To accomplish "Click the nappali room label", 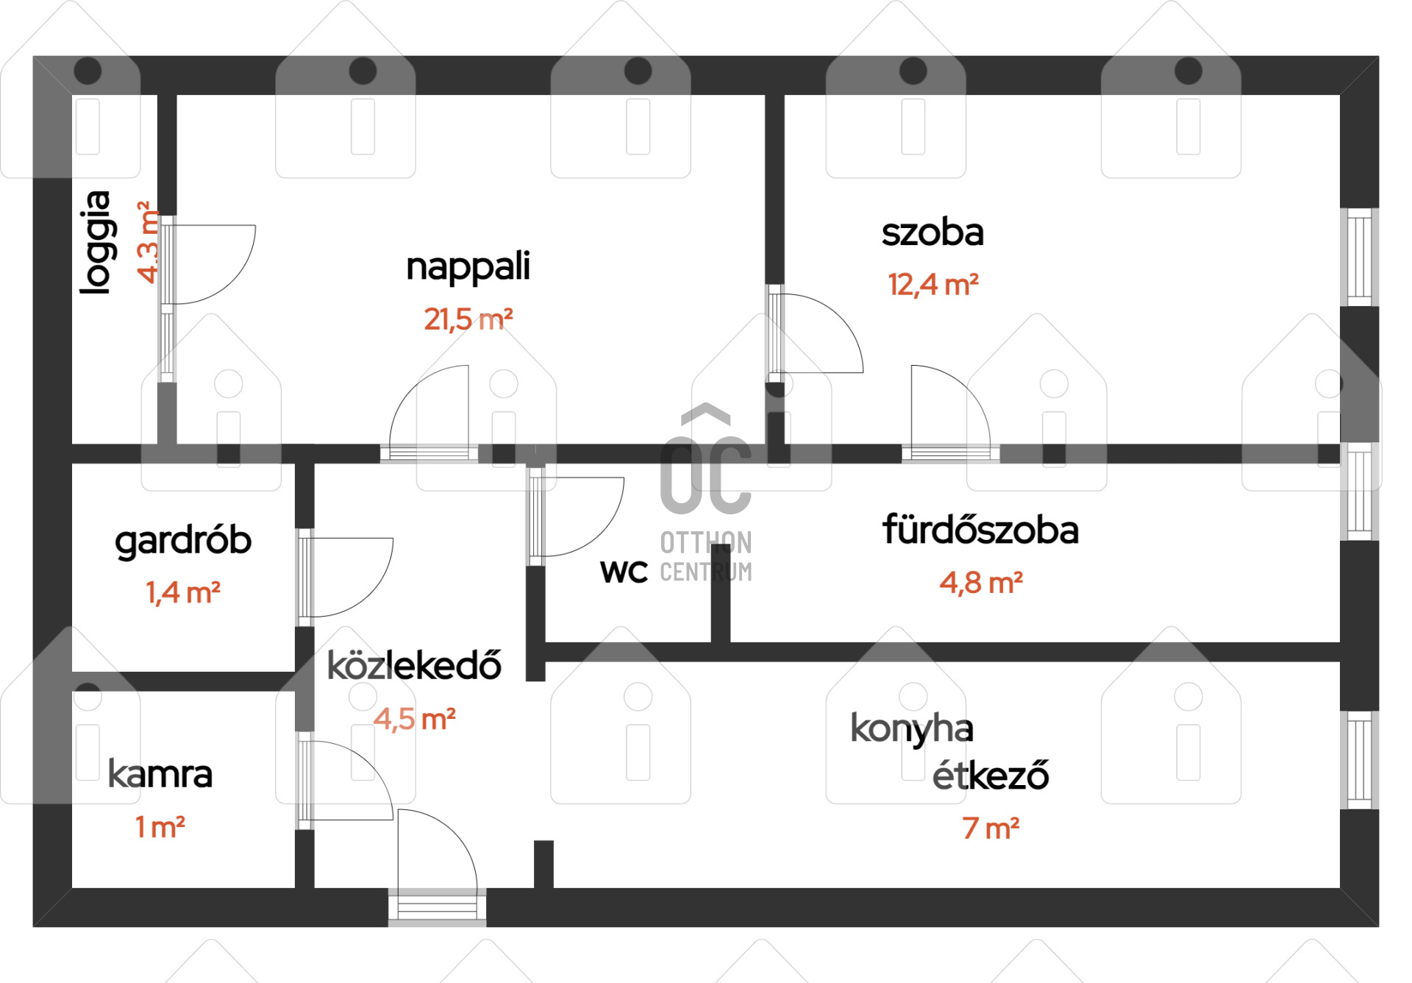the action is [x=468, y=267].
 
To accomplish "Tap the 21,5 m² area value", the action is [x=468, y=319].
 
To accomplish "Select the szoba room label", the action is [x=933, y=233].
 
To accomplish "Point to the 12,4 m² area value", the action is [x=933, y=284].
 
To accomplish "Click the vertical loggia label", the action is [x=97, y=243].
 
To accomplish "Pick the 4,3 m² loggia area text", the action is [x=148, y=242].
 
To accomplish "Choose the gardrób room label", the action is [x=183, y=542].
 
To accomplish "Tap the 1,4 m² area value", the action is [x=183, y=592].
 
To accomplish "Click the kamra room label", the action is [x=160, y=774].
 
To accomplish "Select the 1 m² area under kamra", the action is [x=160, y=827].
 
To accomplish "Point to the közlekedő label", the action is [x=414, y=665].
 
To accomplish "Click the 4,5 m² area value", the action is [x=414, y=719].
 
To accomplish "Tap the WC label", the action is [x=624, y=572].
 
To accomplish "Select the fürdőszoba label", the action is [x=980, y=530].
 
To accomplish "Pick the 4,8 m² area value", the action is [x=981, y=583].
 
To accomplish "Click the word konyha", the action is [x=912, y=729].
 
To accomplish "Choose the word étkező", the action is [x=991, y=775].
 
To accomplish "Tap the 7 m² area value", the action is [x=991, y=828].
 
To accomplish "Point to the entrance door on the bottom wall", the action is [x=438, y=904].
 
